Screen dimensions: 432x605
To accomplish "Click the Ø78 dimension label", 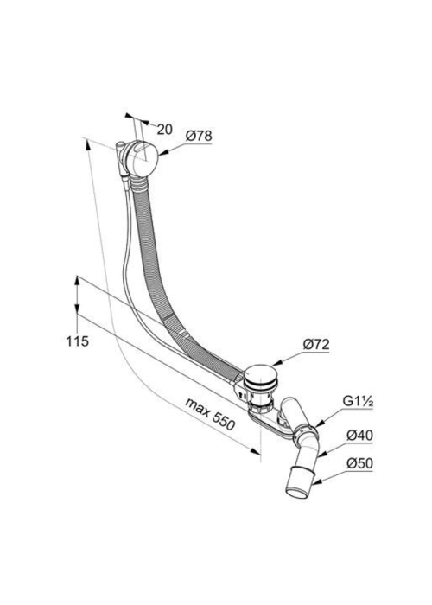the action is point(199,136).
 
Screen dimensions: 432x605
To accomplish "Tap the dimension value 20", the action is point(164,130).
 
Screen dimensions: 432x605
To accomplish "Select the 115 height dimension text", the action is point(77,341).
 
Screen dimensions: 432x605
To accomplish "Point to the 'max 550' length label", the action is point(210,414).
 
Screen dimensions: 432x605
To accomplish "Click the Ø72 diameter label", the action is point(316,344).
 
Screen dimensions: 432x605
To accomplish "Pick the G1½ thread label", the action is point(358,402).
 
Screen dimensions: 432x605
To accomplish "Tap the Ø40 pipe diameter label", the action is point(359,436).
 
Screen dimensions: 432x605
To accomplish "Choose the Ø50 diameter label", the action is point(359,463).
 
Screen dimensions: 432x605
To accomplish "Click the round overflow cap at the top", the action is point(141,160).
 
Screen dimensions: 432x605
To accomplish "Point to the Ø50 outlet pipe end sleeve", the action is point(300,482).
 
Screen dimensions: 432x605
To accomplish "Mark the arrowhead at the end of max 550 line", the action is point(255,451).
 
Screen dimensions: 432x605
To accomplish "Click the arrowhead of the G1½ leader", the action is point(319,423).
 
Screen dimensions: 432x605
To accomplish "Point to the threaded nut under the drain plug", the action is point(260,406).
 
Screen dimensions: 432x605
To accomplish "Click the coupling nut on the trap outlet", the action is point(306,433).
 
